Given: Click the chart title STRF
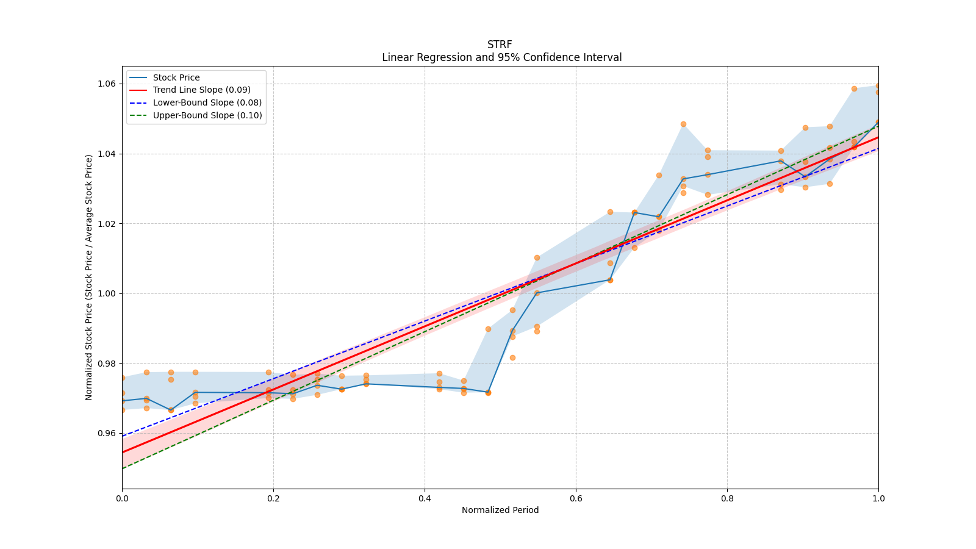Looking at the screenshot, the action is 500,45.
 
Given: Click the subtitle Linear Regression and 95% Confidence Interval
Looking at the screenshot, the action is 501,57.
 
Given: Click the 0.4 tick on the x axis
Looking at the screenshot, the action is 425,498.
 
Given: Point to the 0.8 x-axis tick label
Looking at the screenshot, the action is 727,498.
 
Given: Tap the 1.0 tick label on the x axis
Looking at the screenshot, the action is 878,498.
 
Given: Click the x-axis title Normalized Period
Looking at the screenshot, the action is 500,510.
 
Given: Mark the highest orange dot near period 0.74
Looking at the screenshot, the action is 683,124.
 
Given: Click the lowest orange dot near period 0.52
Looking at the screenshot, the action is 512,357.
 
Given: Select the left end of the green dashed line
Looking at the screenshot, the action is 123,468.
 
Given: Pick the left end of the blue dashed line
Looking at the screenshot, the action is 123,436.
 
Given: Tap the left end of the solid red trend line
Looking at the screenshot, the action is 123,452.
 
